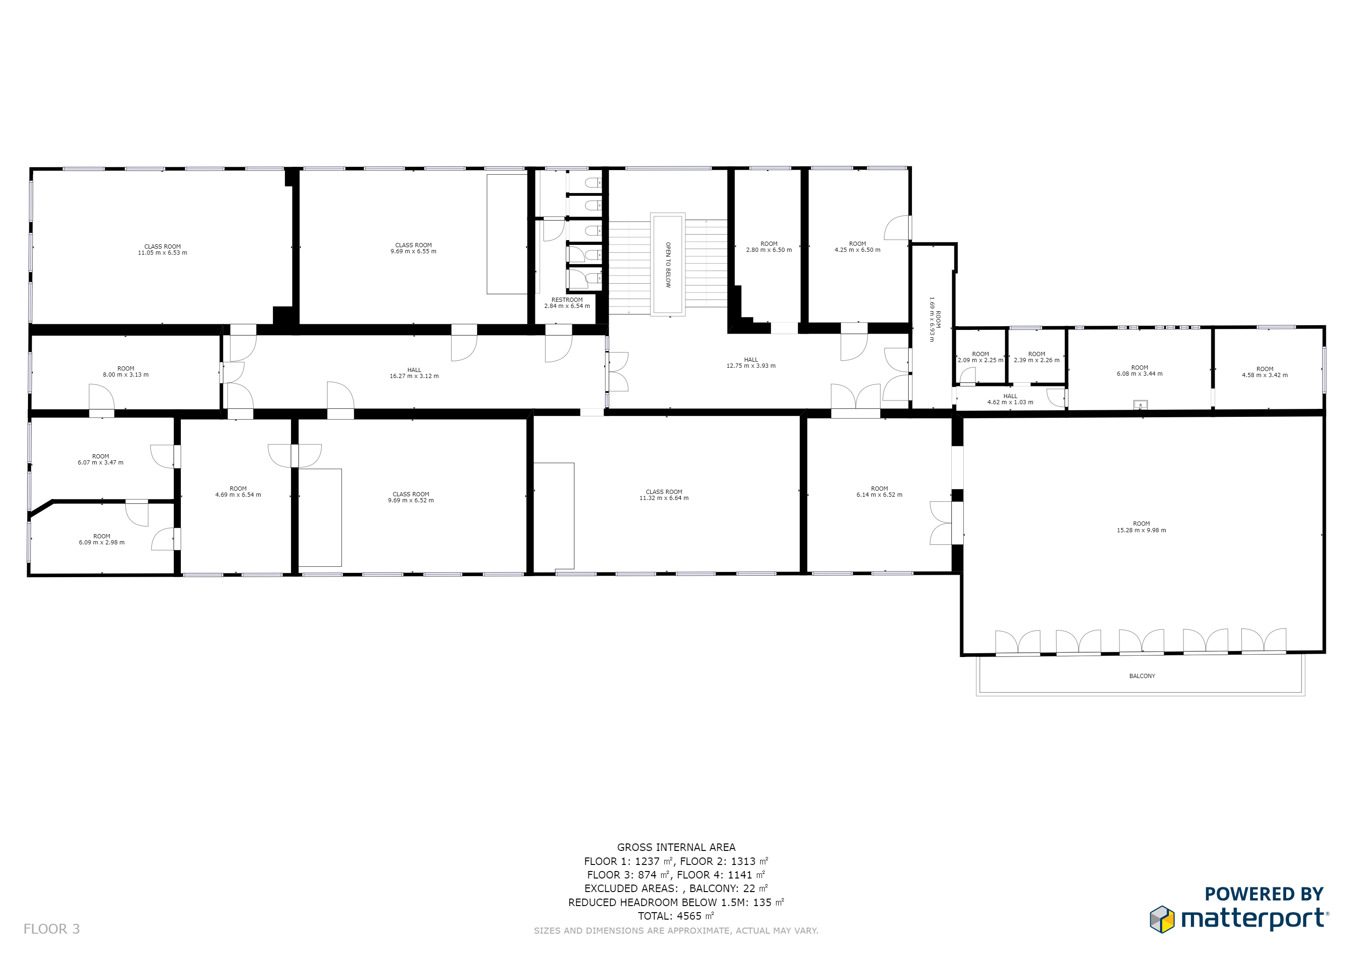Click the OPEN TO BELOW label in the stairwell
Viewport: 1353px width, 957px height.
coord(668,264)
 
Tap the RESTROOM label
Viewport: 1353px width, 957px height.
coord(567,300)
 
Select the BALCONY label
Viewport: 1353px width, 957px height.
coord(1142,676)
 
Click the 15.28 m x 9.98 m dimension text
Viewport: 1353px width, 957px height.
coord(1141,530)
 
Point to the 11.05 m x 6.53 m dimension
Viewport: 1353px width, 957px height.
coord(163,253)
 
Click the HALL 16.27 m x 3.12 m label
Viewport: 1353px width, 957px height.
coord(414,373)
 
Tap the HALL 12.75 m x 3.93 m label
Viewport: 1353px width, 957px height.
coord(751,363)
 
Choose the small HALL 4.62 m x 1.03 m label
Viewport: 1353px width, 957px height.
coord(1010,400)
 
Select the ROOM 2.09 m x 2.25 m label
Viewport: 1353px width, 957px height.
coord(981,357)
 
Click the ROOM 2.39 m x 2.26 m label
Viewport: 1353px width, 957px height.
coord(1037,357)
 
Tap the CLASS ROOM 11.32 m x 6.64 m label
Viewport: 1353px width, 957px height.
coord(664,495)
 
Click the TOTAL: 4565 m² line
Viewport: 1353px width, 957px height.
coord(676,916)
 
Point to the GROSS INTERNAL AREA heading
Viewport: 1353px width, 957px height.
coord(676,847)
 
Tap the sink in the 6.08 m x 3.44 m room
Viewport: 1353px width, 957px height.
coord(1140,405)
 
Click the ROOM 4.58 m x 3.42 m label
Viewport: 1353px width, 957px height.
coord(1265,372)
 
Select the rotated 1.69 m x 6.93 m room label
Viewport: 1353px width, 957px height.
coord(934,319)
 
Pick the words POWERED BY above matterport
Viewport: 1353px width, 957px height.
coord(1264,894)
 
